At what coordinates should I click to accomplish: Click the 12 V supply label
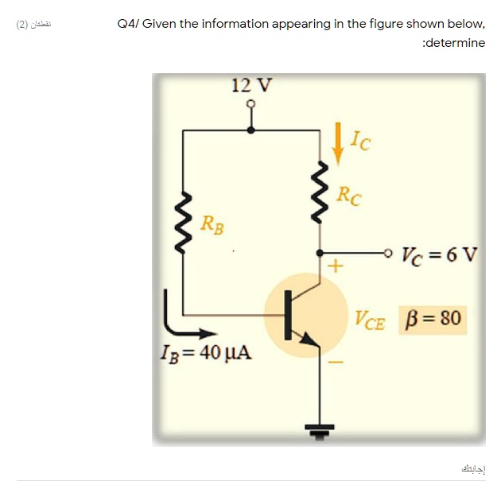coord(251,85)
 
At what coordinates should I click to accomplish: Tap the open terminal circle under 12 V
coord(251,104)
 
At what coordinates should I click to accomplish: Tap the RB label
coord(212,225)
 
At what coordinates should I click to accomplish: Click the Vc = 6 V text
coord(440,255)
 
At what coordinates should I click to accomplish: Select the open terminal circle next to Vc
coord(388,254)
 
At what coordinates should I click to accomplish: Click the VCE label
coord(370,320)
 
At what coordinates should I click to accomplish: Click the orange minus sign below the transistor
coord(336,365)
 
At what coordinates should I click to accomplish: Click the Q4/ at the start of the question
coord(128,24)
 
